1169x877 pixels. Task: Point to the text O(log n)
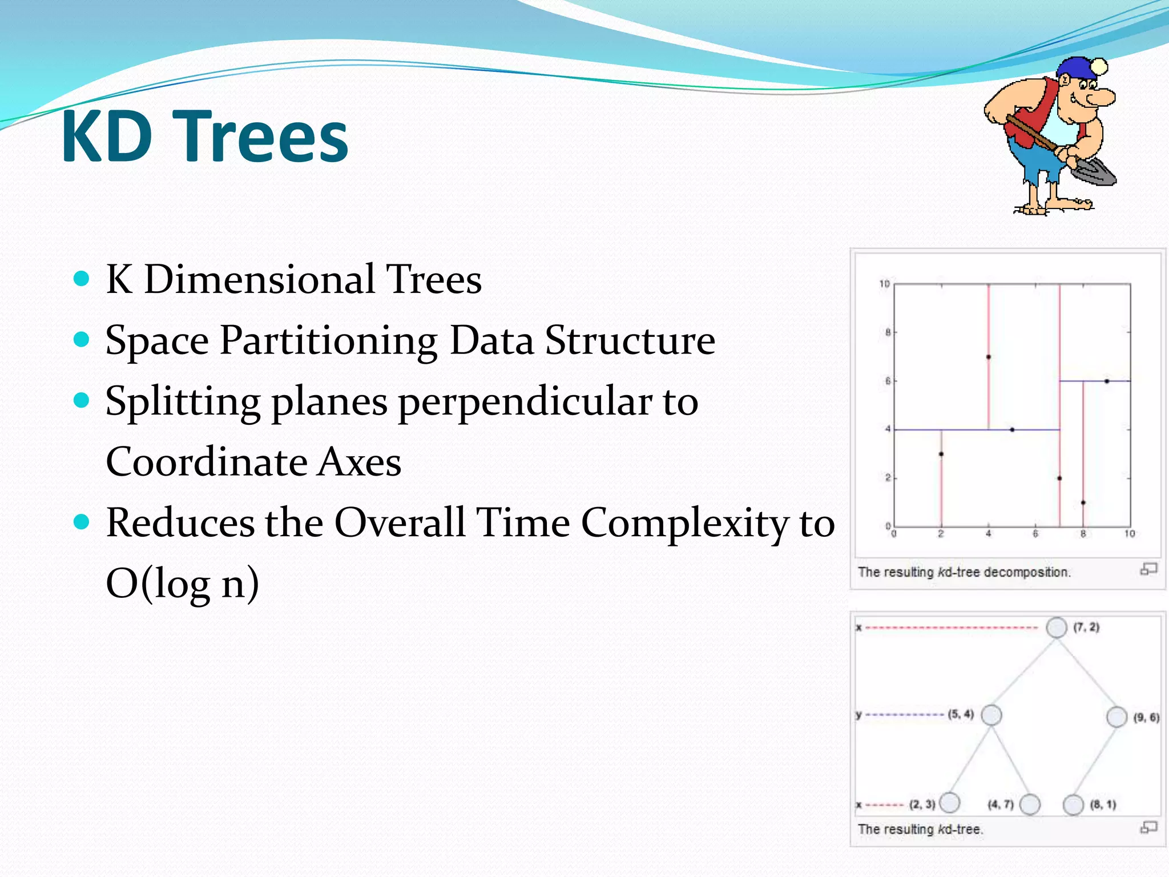point(183,584)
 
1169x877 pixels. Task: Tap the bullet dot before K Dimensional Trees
point(82,279)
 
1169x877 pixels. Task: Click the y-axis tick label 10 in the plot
point(884,284)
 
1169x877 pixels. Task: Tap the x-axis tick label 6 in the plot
point(1035,534)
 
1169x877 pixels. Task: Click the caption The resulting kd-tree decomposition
point(964,572)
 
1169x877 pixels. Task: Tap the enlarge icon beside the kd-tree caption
point(1148,827)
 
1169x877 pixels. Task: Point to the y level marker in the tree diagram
point(858,715)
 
